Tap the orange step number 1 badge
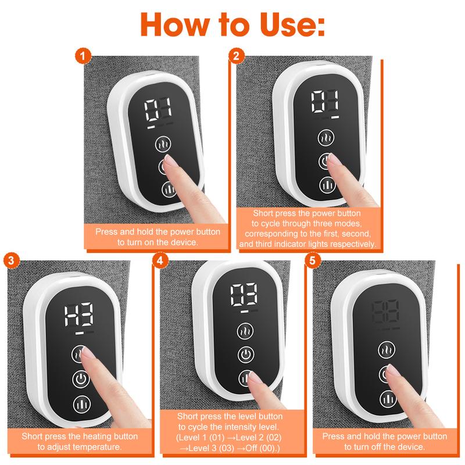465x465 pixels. pos(84,56)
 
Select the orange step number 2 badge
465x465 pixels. pos(236,56)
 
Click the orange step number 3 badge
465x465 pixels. pos(10,260)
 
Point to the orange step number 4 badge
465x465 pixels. pos(160,260)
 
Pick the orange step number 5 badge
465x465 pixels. pos(313,260)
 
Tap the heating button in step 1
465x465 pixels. pos(164,144)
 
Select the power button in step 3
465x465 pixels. pos(80,379)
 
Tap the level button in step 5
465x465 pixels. pos(388,398)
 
